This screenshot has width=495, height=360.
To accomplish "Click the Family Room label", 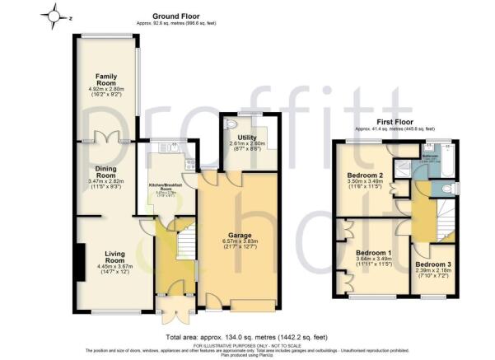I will (105, 78).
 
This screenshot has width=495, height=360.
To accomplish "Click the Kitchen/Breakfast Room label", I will (168, 187).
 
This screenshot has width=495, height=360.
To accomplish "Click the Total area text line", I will (248, 338).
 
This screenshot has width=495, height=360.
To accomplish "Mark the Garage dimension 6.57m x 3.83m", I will (240, 245).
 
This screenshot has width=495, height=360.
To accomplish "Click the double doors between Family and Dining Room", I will (105, 139).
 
